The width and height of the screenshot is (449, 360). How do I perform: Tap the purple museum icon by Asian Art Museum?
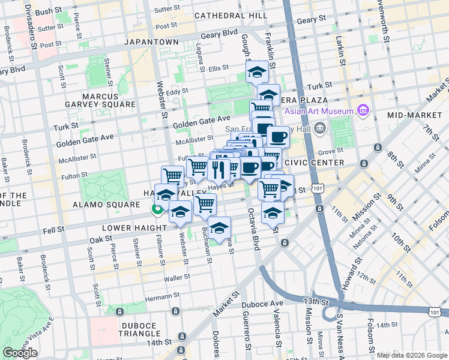[362, 110]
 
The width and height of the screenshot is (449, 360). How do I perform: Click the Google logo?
[20, 353]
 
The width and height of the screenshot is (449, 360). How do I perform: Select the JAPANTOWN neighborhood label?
[151, 42]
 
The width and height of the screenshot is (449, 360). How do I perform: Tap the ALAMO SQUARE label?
[113, 205]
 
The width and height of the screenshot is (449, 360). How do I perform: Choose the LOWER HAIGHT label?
[128, 229]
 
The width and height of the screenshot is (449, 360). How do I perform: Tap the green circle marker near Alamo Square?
[157, 209]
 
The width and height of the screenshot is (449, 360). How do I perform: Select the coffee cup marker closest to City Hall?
[278, 137]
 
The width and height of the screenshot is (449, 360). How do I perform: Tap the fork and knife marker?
[221, 168]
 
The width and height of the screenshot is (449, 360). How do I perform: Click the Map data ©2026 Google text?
[412, 355]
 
